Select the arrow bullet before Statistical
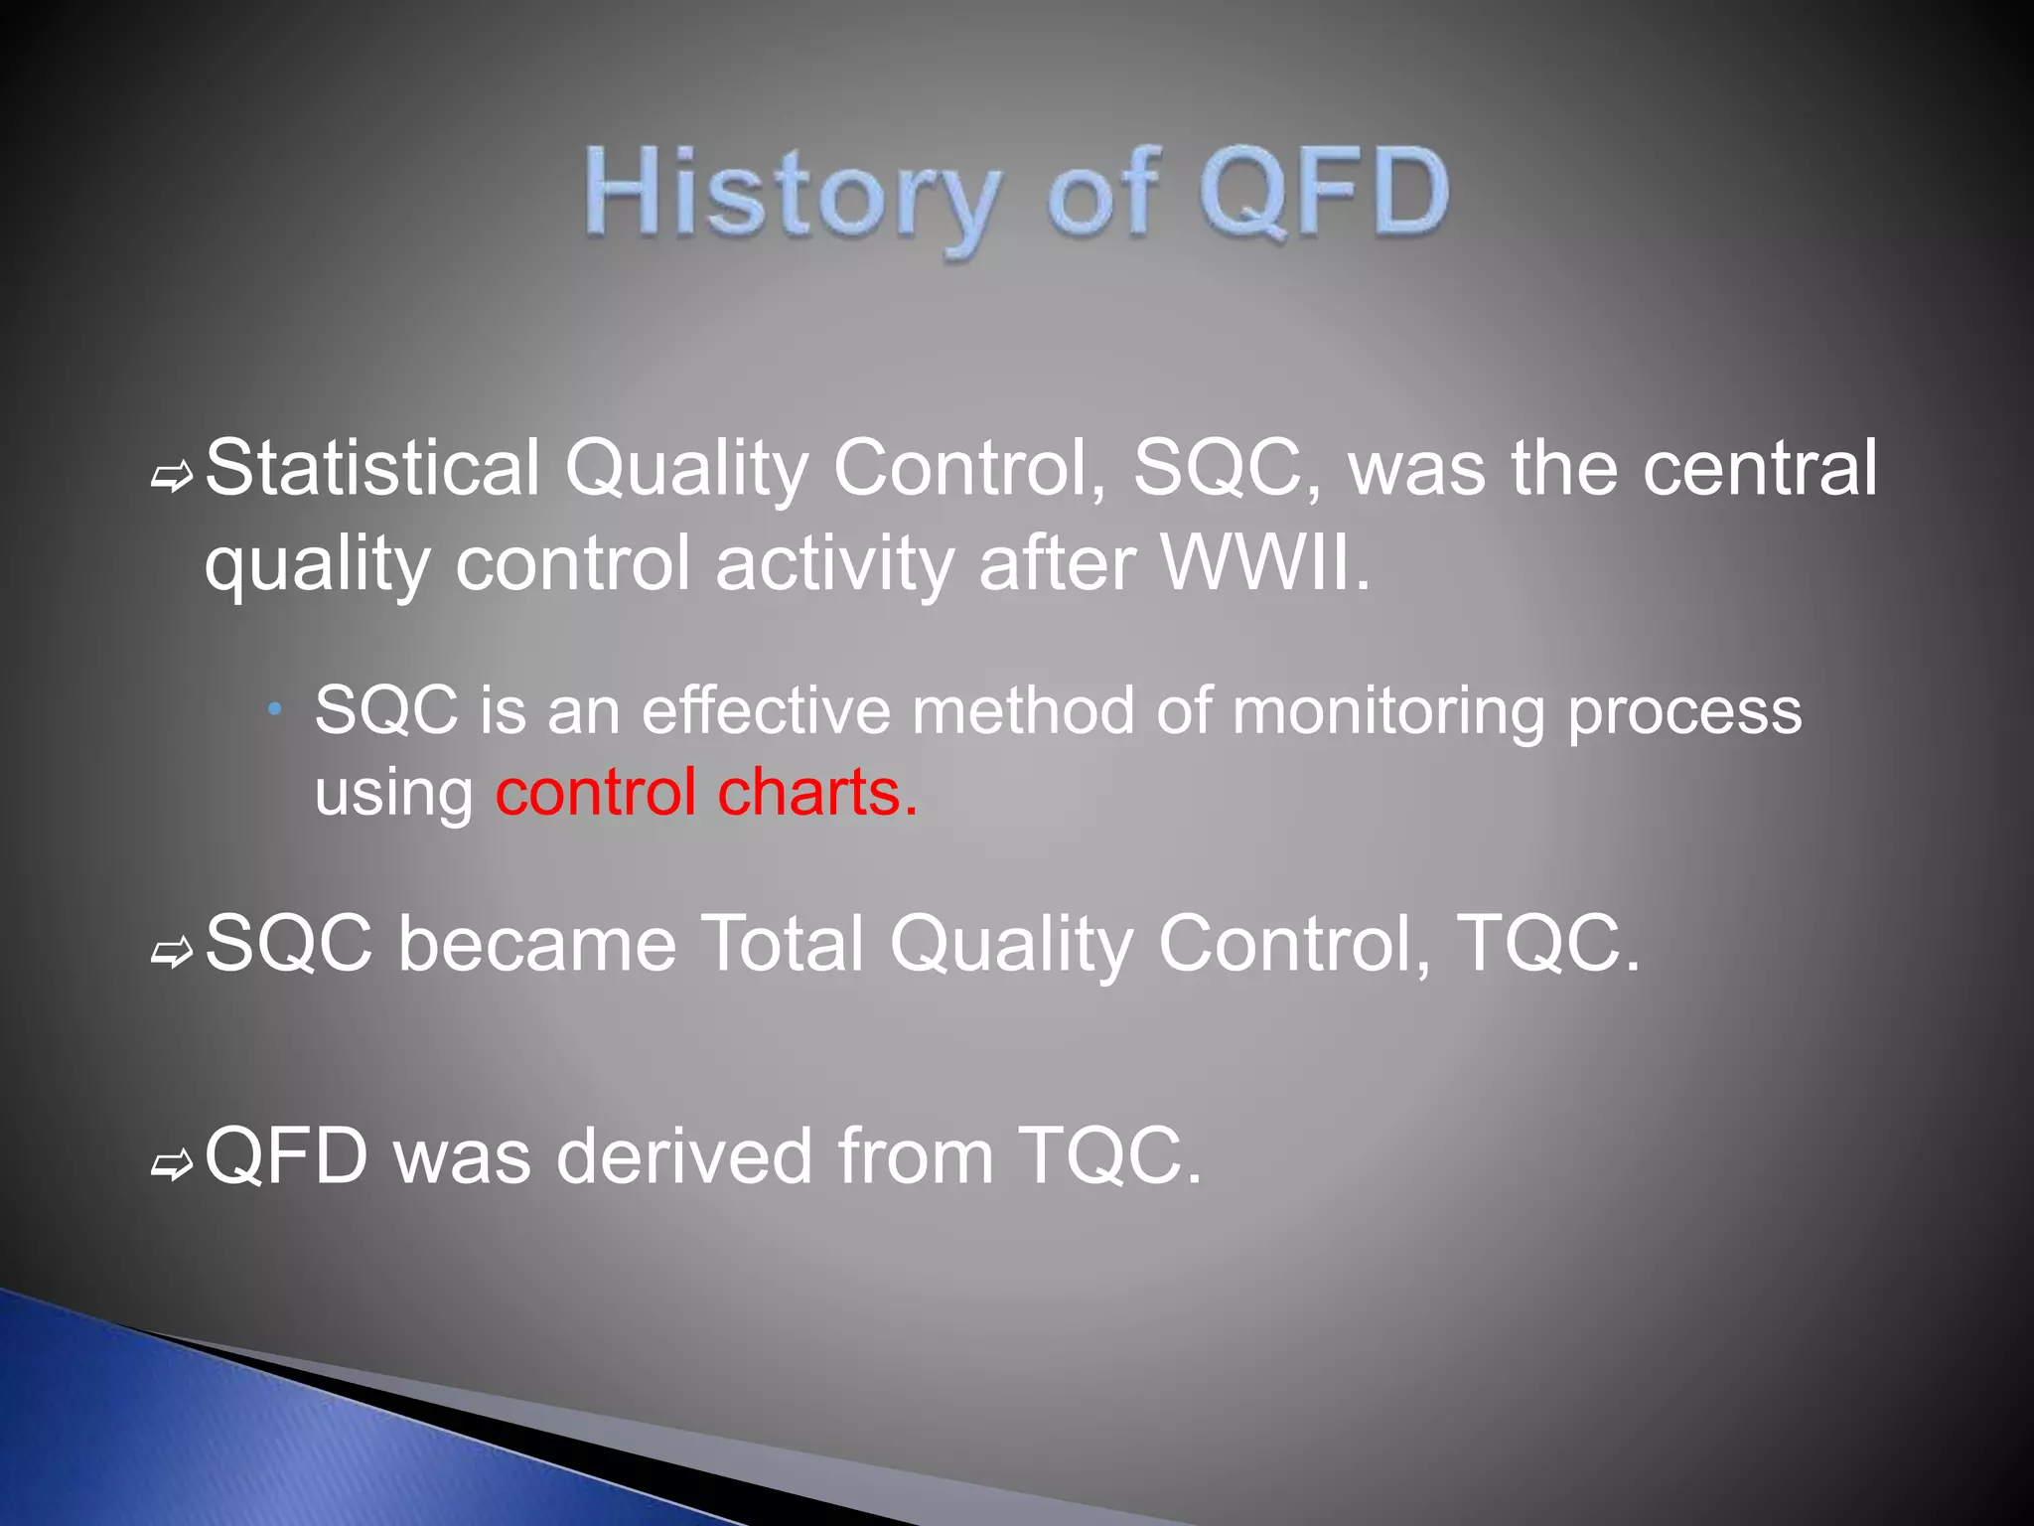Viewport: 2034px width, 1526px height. pos(171,478)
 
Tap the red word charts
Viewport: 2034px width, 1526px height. pos(817,792)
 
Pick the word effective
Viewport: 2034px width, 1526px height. pos(766,710)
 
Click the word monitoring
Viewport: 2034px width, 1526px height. pos(1388,710)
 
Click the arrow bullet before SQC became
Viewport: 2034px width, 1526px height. pos(171,953)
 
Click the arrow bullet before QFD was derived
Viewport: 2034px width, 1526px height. pos(171,1165)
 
